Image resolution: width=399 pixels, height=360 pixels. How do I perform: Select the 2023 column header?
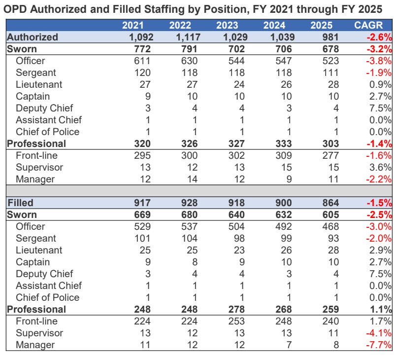[x=228, y=25]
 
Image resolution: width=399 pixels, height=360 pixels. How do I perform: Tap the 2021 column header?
[x=133, y=25]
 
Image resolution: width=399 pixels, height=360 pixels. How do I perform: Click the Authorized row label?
[x=33, y=37]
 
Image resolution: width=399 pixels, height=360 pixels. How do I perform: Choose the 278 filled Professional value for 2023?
[x=231, y=309]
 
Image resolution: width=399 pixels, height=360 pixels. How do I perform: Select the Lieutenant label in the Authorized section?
[x=39, y=84]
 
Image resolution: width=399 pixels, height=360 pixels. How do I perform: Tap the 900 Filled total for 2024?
[x=282, y=203]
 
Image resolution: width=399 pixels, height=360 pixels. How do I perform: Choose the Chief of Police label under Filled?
[x=47, y=297]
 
